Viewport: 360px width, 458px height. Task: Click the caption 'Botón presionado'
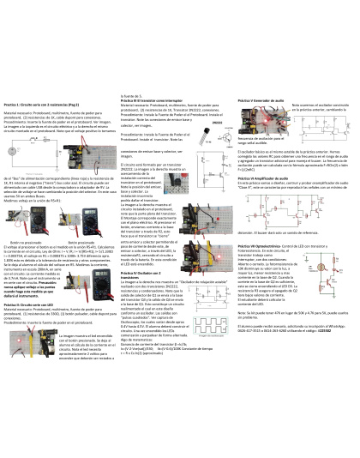[93, 241]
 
